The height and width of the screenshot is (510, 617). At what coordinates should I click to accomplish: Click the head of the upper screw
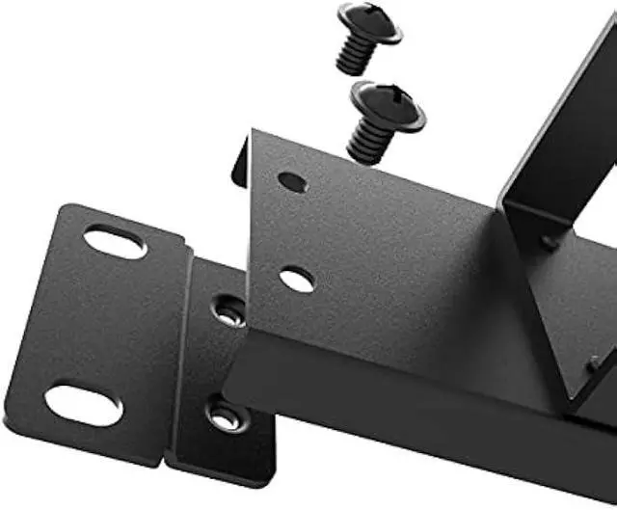click(x=369, y=22)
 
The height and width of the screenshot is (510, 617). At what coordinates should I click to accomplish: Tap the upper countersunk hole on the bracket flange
click(x=228, y=310)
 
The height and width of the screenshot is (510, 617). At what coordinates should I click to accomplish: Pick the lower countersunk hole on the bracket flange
click(x=224, y=416)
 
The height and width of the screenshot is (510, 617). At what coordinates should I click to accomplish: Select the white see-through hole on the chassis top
click(x=297, y=281)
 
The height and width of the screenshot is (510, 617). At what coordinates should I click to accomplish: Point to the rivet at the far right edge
click(x=595, y=363)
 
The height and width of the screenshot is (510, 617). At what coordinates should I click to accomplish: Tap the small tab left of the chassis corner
click(x=239, y=161)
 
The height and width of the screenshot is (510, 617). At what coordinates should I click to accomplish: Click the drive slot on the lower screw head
click(x=389, y=97)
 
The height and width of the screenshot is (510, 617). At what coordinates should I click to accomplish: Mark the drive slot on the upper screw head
click(x=369, y=16)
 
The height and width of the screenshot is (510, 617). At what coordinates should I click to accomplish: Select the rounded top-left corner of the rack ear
click(x=66, y=209)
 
